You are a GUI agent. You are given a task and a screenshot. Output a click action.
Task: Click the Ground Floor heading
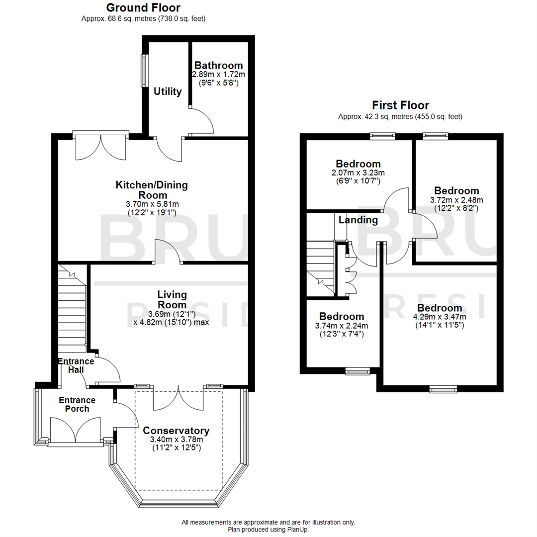(143, 7)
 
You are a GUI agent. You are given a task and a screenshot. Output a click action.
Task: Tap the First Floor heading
(400, 105)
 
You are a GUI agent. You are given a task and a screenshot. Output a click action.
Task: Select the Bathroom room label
(219, 66)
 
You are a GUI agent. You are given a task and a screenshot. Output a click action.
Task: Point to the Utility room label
(168, 92)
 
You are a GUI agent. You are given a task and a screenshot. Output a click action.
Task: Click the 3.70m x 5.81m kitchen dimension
(152, 204)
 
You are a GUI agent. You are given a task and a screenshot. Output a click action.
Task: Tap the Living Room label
(172, 300)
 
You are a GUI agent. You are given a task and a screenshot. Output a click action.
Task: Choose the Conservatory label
(176, 431)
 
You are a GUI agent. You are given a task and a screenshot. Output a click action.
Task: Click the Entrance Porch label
(77, 404)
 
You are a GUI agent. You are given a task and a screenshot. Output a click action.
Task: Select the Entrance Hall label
(76, 365)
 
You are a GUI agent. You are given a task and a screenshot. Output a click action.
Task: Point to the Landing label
(358, 220)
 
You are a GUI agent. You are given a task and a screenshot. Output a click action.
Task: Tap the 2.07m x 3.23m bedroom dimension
(358, 173)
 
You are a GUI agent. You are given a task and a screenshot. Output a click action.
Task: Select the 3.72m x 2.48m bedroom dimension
(456, 200)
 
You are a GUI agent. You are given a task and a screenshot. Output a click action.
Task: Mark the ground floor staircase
(73, 308)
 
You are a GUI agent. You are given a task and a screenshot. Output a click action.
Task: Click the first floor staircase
(321, 268)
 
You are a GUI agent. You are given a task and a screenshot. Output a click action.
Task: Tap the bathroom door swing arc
(204, 122)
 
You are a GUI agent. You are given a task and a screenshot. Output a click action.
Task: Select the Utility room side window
(146, 70)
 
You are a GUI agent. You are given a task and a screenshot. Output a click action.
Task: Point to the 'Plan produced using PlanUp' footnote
(268, 530)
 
